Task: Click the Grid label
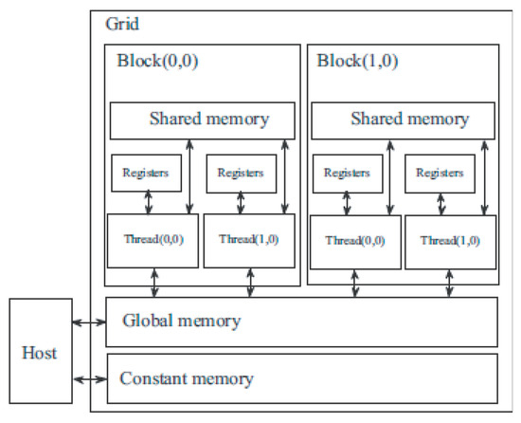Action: [x=122, y=25]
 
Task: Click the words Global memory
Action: [x=182, y=322]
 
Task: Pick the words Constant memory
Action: [x=187, y=378]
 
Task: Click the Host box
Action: [x=41, y=351]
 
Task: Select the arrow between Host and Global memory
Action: [x=89, y=322]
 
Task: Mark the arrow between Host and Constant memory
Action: [x=90, y=379]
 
